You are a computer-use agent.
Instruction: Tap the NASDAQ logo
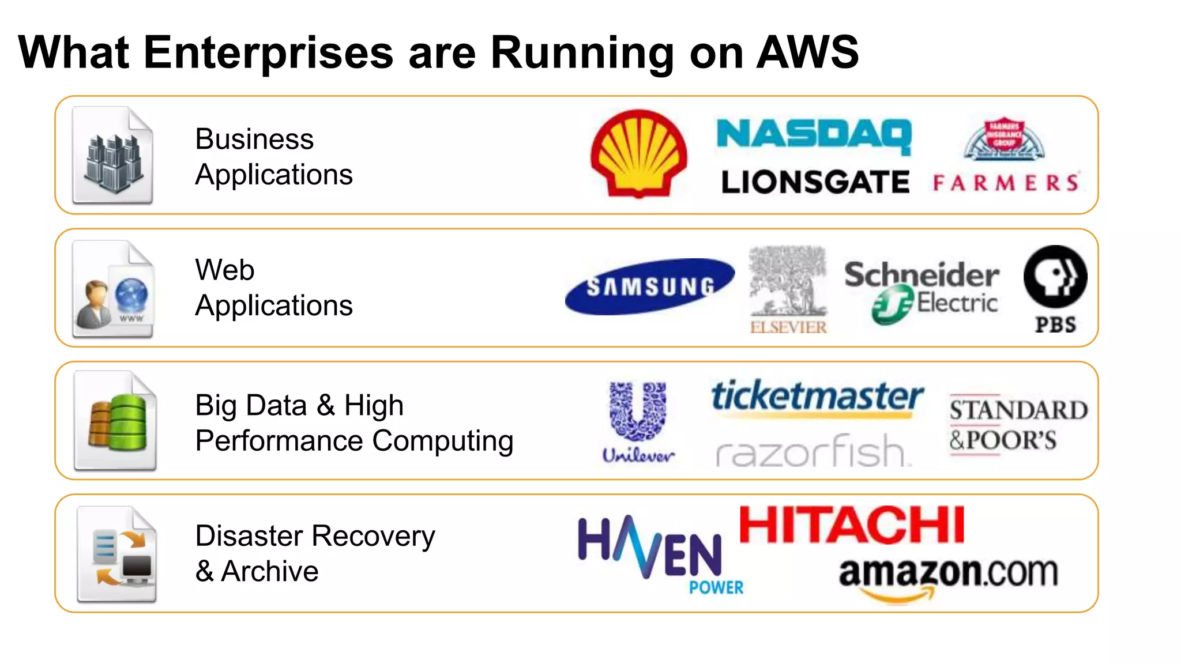(x=814, y=136)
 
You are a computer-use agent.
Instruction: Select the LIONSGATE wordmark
(x=815, y=182)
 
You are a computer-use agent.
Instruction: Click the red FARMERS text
(x=1006, y=183)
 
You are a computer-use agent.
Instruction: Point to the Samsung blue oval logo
(x=650, y=286)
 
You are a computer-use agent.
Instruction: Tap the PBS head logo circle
(x=1055, y=276)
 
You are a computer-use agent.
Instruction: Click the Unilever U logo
(x=638, y=412)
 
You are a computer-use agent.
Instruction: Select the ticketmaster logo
(x=817, y=397)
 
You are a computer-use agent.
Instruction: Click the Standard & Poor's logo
(x=1018, y=425)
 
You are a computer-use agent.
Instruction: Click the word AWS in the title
(x=807, y=52)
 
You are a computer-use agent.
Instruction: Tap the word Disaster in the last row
(x=253, y=536)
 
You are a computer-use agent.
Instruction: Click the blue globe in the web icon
(x=131, y=295)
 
